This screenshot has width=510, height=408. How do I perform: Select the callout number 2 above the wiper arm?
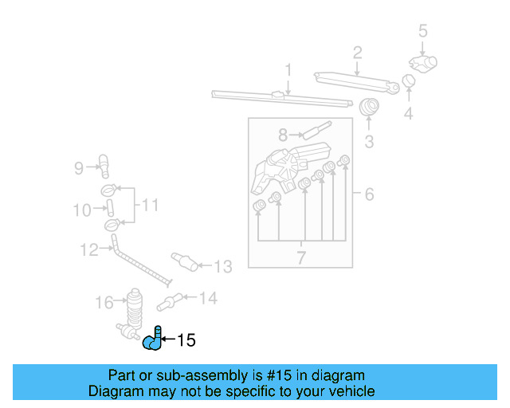point(358,53)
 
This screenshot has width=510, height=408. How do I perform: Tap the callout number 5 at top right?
point(423,31)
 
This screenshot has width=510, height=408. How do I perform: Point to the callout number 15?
point(186,340)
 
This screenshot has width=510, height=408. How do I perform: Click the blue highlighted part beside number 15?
point(152,340)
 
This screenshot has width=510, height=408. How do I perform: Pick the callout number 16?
point(104,302)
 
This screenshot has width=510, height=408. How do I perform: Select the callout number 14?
point(207,299)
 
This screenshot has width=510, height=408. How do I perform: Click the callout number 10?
point(82,210)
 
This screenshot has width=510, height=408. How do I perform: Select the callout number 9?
point(79,167)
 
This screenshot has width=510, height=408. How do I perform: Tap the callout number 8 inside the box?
point(283,135)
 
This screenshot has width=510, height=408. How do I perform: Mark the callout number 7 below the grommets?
point(301,257)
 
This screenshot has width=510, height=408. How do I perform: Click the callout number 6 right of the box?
point(369,194)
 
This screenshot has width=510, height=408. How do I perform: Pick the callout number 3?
point(369,142)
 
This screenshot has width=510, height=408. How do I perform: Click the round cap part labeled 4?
point(408,81)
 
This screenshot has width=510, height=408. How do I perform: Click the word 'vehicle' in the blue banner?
point(350,391)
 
